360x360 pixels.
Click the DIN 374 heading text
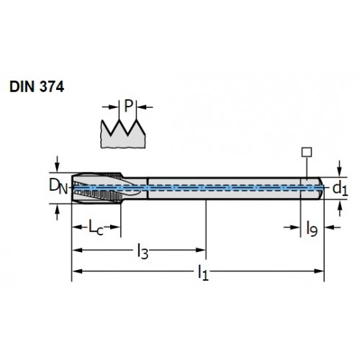click(x=37, y=86)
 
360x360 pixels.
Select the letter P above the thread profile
click(x=128, y=106)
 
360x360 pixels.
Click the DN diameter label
click(x=58, y=187)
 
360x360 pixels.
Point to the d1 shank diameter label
click(x=340, y=189)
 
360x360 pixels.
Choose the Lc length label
click(x=96, y=227)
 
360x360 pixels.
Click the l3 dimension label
click(x=143, y=251)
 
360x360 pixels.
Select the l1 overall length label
click(x=203, y=272)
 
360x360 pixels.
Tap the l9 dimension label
click(x=312, y=229)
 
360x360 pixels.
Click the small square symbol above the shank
click(x=307, y=152)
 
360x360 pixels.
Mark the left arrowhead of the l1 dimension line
click(x=77, y=271)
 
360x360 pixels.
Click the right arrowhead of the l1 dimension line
click(x=319, y=271)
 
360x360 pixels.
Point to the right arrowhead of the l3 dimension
click(x=201, y=250)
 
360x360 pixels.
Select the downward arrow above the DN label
click(x=57, y=164)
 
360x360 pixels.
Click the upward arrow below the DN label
click(x=57, y=212)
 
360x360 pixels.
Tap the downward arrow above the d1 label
click(x=339, y=168)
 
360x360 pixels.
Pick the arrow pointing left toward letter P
click(x=145, y=107)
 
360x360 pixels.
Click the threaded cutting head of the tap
click(x=97, y=188)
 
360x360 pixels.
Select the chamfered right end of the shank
click(x=321, y=188)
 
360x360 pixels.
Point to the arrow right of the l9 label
click(x=332, y=227)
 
